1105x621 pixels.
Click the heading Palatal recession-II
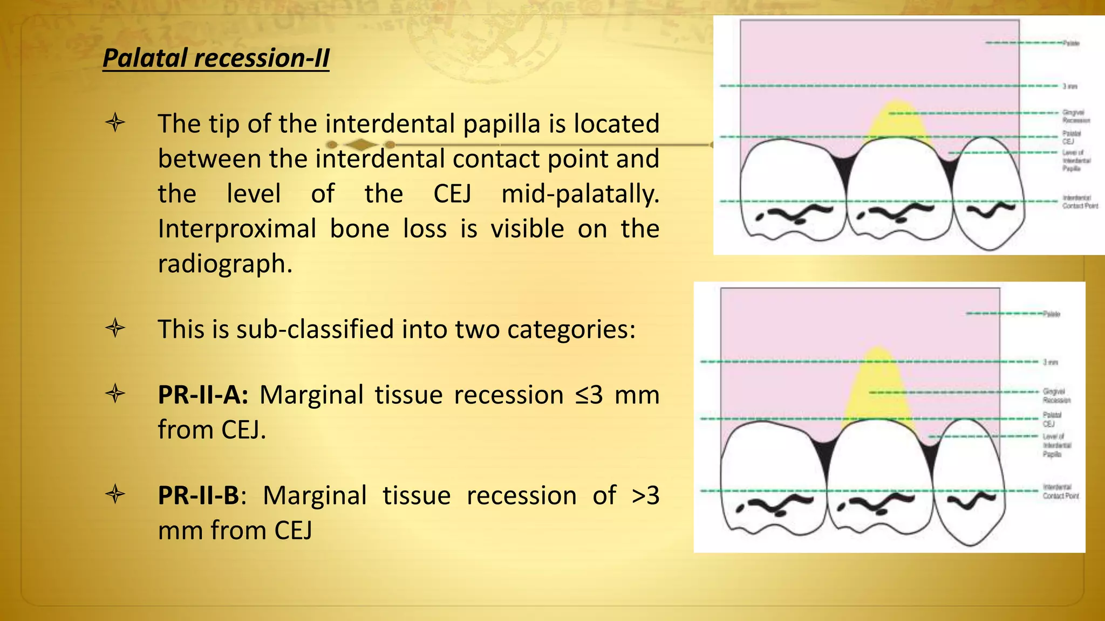[x=216, y=58]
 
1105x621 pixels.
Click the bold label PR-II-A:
[x=203, y=395]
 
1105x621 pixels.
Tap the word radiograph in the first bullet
[x=225, y=264]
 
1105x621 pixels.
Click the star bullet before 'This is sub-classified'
[x=115, y=328]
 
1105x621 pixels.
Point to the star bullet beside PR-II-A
[x=115, y=394]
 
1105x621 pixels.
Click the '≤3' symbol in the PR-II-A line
[x=589, y=395]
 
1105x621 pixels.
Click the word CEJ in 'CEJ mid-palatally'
[x=452, y=194]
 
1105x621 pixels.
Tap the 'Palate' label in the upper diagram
[x=1071, y=43]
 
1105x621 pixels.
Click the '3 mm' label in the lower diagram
[x=1051, y=362]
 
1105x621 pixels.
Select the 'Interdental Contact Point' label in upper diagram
[x=1079, y=202]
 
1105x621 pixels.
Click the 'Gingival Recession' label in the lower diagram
[x=1056, y=396]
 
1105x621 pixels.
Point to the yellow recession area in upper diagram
[x=896, y=121]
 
